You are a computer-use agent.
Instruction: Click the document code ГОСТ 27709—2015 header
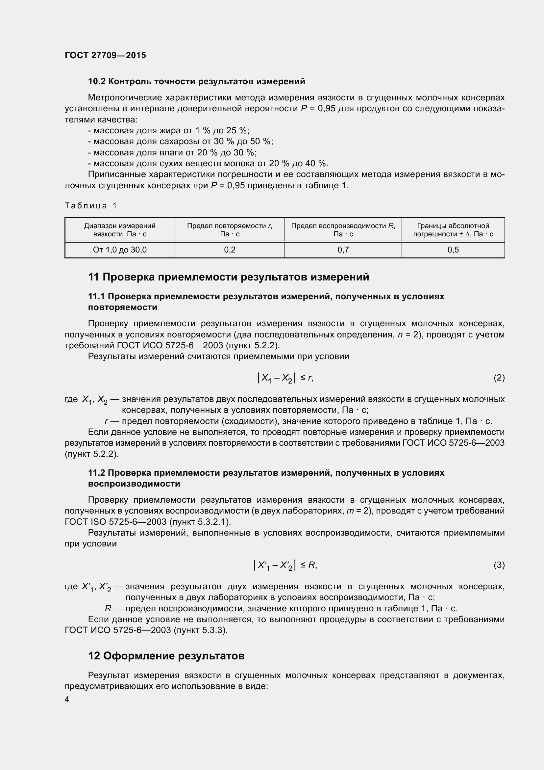click(x=105, y=55)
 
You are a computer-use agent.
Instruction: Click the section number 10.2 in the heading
click(x=97, y=82)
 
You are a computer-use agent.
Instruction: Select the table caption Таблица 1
click(x=91, y=205)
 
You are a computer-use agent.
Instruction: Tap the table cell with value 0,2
click(x=230, y=250)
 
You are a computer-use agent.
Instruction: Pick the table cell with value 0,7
click(x=343, y=250)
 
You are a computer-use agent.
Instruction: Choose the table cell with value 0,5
click(x=453, y=250)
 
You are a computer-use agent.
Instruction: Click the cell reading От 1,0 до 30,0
click(x=120, y=250)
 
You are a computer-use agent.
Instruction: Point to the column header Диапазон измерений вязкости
click(x=120, y=230)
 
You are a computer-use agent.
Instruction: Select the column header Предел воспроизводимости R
click(x=343, y=230)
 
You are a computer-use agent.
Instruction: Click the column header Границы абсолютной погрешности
click(x=453, y=230)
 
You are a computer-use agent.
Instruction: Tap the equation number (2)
click(x=499, y=378)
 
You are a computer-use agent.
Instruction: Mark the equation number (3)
click(x=499, y=565)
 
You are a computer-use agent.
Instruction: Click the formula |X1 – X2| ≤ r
click(x=285, y=378)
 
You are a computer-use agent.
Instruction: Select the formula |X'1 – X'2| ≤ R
click(x=285, y=565)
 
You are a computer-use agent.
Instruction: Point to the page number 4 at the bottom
click(x=67, y=699)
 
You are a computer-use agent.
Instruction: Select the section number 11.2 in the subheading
click(x=96, y=473)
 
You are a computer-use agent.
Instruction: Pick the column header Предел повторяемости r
click(x=230, y=230)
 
